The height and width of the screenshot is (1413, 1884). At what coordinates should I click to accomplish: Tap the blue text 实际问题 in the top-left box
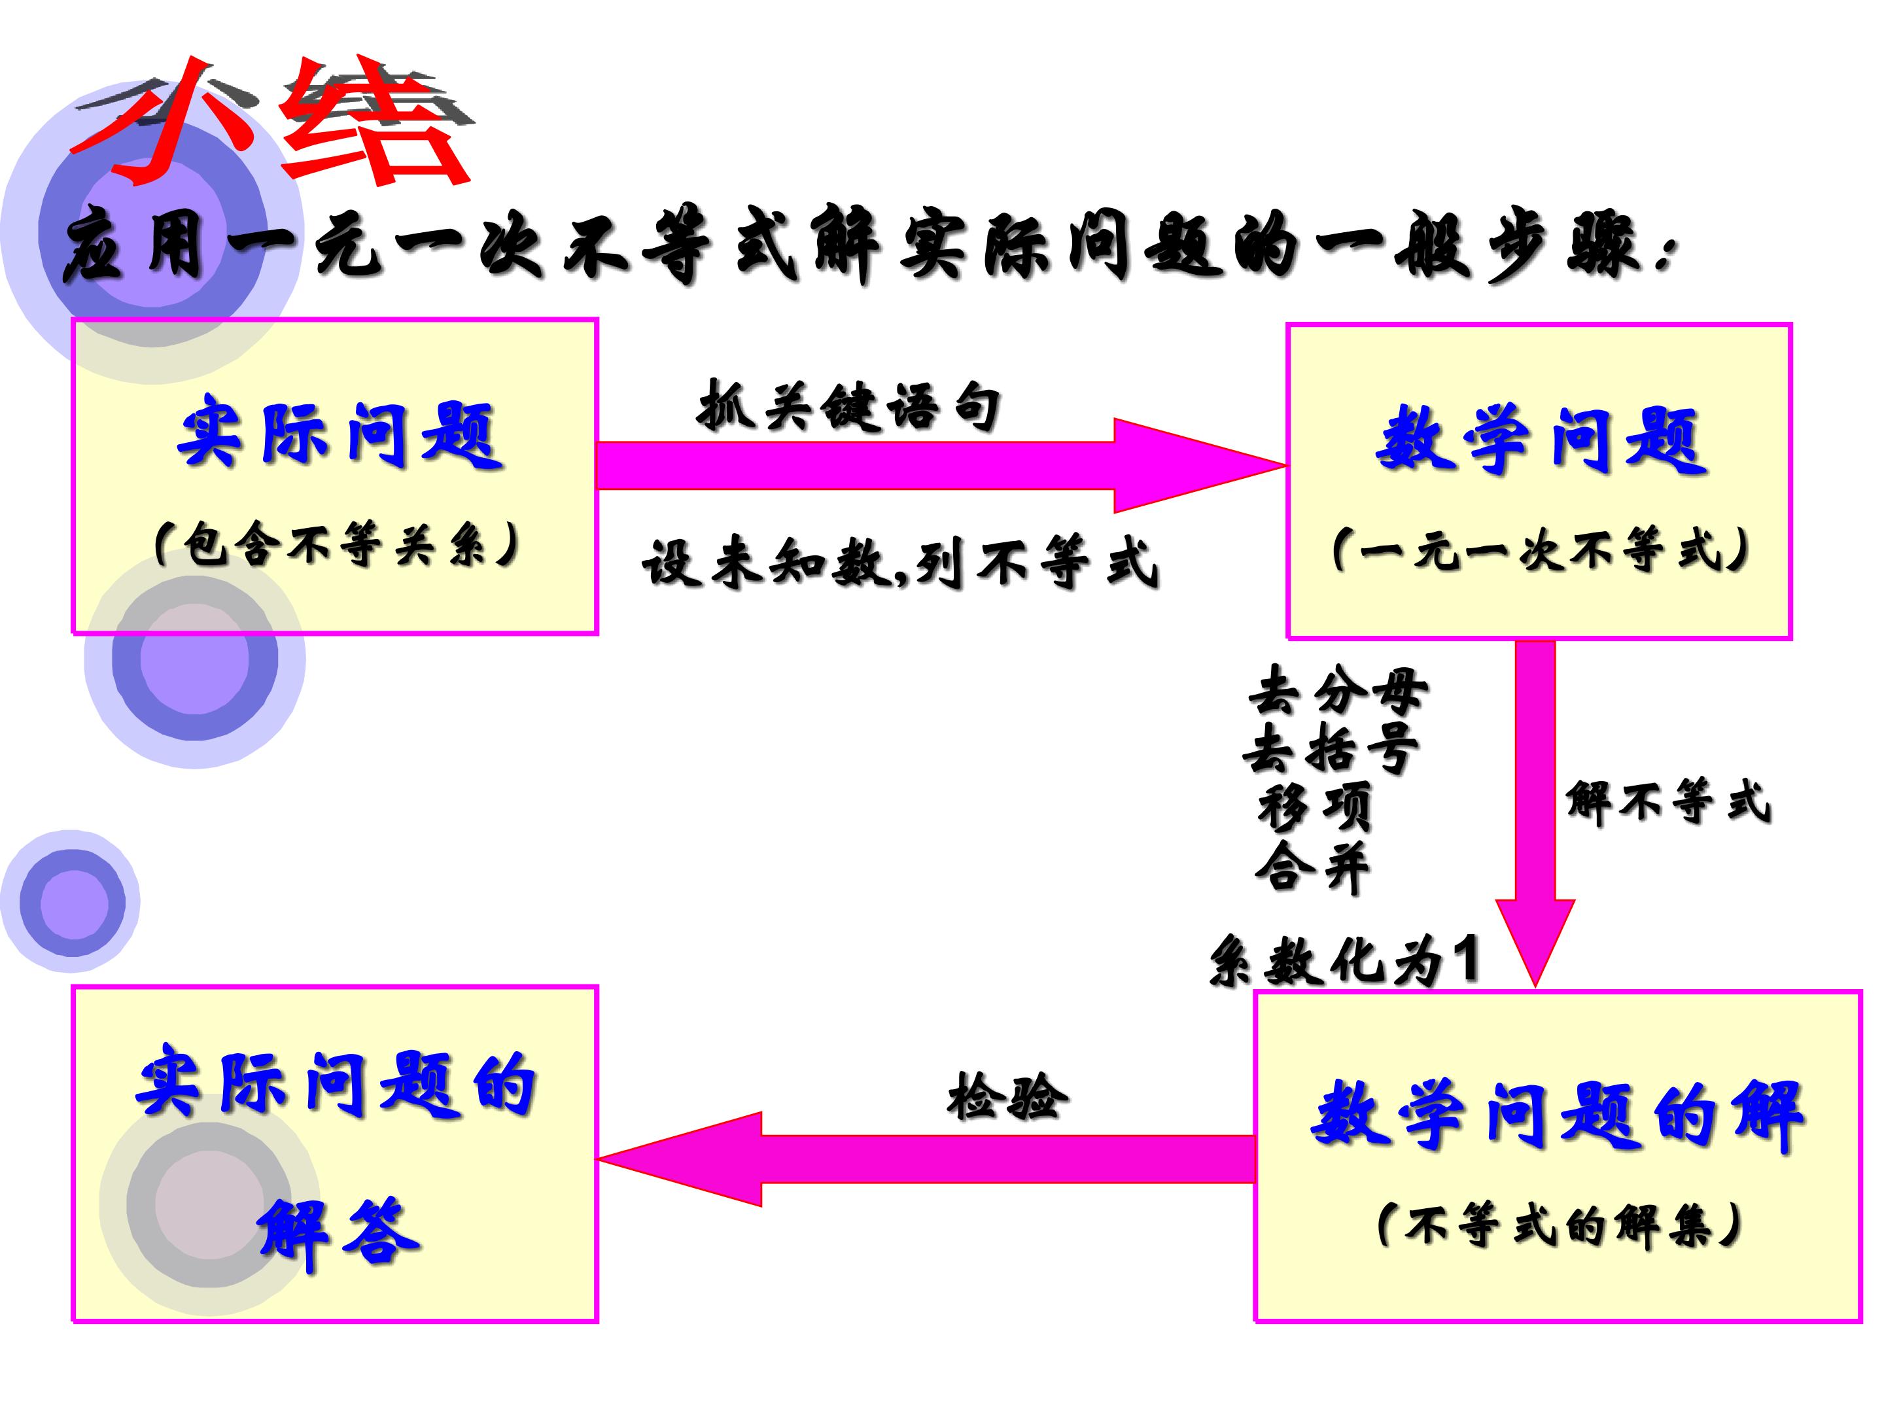pos(340,436)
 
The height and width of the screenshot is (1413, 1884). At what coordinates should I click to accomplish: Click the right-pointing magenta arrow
pos(942,466)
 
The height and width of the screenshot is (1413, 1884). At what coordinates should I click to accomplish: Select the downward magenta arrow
pos(1535,813)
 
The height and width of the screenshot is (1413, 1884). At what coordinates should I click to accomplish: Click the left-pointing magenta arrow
pos(927,1159)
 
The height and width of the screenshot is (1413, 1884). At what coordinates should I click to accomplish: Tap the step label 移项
pos(1314,807)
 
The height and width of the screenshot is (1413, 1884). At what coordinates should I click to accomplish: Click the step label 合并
pos(1312,867)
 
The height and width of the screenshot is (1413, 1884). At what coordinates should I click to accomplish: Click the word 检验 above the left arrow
pos(1007,1096)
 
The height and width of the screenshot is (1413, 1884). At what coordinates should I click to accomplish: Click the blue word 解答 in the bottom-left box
pos(339,1234)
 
